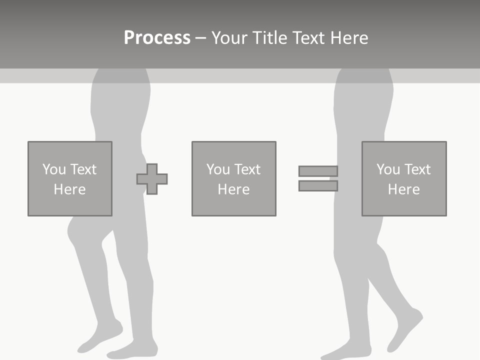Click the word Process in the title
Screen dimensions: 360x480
[157, 38]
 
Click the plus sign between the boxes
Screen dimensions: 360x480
[152, 179]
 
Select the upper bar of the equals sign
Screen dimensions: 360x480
[318, 171]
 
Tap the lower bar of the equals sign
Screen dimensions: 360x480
[318, 186]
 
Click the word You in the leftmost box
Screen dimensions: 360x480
[54, 169]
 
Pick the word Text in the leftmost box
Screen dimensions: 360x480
[83, 169]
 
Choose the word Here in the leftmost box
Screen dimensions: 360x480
[69, 189]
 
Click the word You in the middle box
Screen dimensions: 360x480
[218, 169]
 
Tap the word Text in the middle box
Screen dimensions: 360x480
[247, 169]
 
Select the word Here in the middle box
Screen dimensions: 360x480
[233, 189]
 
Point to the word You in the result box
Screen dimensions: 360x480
[388, 169]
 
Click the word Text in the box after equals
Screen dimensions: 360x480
[417, 169]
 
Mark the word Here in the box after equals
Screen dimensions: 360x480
[403, 189]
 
